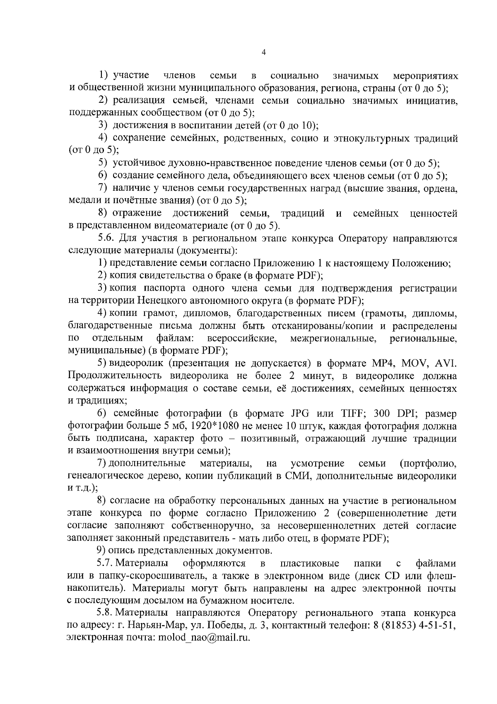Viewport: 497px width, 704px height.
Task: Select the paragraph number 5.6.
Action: tap(105, 238)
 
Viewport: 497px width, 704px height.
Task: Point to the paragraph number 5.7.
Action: tap(105, 563)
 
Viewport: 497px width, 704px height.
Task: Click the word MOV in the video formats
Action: tap(417, 364)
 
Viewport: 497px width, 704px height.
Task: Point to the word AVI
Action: tap(446, 364)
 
